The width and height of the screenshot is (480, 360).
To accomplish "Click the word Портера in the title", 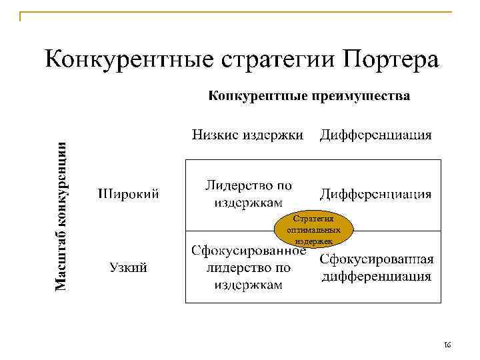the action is pyautogui.click(x=392, y=59).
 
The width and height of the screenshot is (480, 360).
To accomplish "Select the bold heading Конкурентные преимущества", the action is pyautogui.click(x=310, y=96).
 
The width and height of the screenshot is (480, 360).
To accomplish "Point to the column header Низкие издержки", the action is pyautogui.click(x=248, y=135).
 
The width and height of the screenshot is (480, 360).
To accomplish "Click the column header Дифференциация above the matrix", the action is pyautogui.click(x=375, y=135).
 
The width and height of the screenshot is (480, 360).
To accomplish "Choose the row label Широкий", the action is pyautogui.click(x=129, y=194).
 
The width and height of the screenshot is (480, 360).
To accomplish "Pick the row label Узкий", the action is pyautogui.click(x=129, y=268).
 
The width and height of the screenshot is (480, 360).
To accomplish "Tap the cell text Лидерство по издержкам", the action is pyautogui.click(x=248, y=193).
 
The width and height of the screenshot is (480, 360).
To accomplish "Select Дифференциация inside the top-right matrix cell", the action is pyautogui.click(x=375, y=194).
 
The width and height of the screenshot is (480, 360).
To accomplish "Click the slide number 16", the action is pyautogui.click(x=447, y=345).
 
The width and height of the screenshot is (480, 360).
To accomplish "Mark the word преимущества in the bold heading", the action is pyautogui.click(x=359, y=96).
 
